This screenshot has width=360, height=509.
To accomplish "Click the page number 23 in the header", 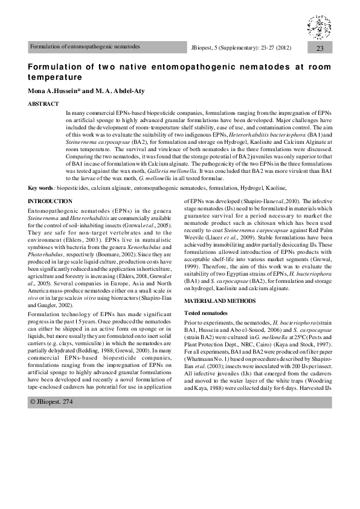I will click(x=320, y=47).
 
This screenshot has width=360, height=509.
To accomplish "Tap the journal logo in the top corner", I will click(x=320, y=27).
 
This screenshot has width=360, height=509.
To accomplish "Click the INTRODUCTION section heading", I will click(x=51, y=201).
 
